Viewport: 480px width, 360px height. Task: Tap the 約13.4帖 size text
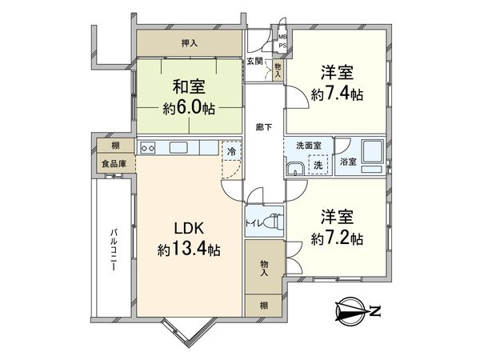(x=188, y=250)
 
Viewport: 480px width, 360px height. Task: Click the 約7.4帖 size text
(x=337, y=94)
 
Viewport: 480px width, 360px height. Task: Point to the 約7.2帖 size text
(x=337, y=238)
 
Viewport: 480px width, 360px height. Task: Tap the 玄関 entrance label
(x=254, y=61)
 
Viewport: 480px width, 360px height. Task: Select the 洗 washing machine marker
(x=318, y=165)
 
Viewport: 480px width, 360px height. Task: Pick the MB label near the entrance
(x=282, y=36)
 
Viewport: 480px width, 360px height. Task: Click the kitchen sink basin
(x=178, y=147)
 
